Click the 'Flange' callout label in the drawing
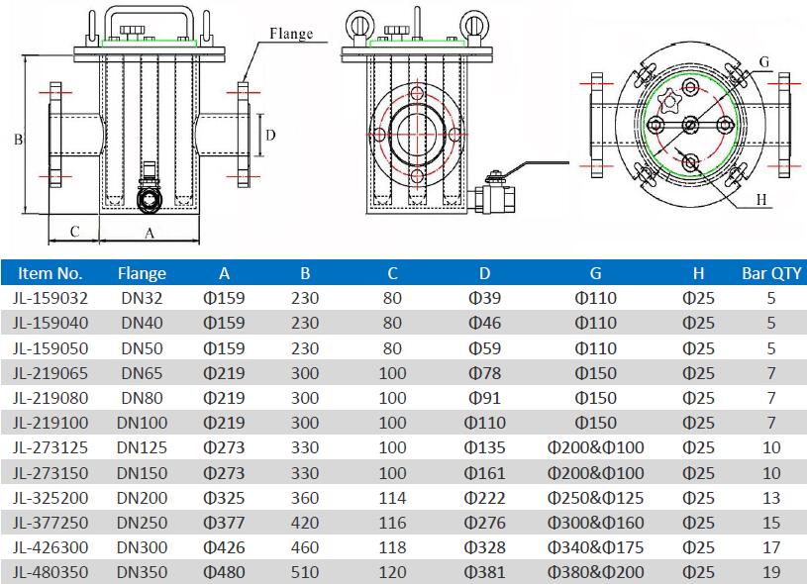[x=291, y=34]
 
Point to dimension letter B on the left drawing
[x=18, y=140]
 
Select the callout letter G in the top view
[x=763, y=61]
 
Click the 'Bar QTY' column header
[x=771, y=273]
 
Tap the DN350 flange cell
[x=142, y=571]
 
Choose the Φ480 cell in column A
[x=224, y=571]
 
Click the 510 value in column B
[x=305, y=571]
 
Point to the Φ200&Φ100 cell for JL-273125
[x=595, y=447]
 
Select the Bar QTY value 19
[x=771, y=571]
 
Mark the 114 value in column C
[x=392, y=497]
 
